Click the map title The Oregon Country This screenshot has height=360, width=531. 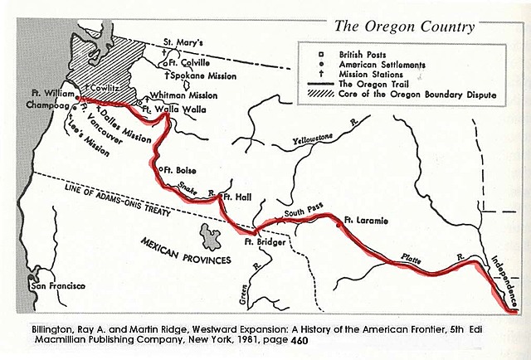tap(404, 27)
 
